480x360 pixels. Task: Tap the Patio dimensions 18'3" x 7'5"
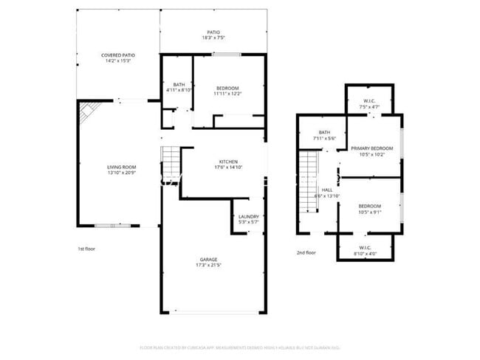pos(213,38)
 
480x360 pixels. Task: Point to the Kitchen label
pos(227,162)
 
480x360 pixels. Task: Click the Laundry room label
pos(248,217)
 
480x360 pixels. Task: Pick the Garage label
pos(208,259)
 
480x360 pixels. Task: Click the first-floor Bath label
pos(179,84)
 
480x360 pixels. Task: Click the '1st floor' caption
pos(86,249)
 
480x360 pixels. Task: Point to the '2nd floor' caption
pos(306,252)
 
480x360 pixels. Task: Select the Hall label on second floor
pos(326,190)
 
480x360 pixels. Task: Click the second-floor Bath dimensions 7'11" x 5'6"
pos(324,139)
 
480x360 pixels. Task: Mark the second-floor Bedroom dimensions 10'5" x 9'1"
pos(370,212)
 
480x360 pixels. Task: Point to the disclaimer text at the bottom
pos(239,347)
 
